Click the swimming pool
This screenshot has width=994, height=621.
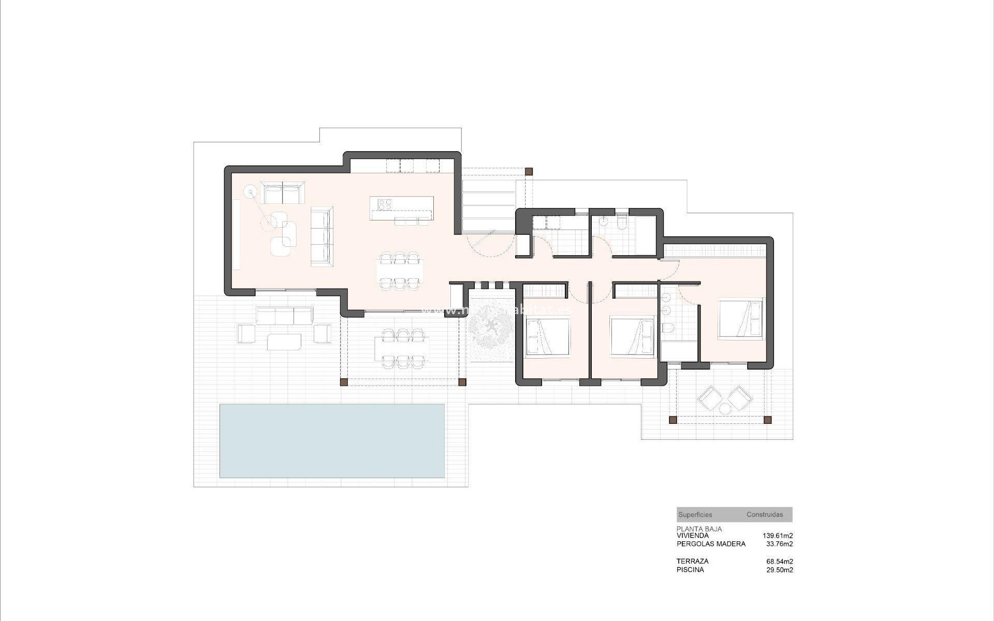pyautogui.click(x=332, y=440)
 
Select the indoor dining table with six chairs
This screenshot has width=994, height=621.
pyautogui.click(x=399, y=270)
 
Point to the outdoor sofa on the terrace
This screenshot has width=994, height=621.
pyautogui.click(x=284, y=315)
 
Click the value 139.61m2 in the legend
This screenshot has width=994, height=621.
pyautogui.click(x=778, y=536)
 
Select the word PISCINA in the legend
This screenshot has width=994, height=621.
pyautogui.click(x=690, y=570)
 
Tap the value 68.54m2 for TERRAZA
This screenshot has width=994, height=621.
pyautogui.click(x=780, y=561)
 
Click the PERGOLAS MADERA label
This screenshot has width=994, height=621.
pyautogui.click(x=711, y=544)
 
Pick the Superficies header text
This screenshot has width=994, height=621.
pyautogui.click(x=695, y=515)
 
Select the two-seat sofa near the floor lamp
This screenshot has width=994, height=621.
pyautogui.click(x=282, y=193)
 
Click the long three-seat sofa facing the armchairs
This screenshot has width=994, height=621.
pyautogui.click(x=321, y=236)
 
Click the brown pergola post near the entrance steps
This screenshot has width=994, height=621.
pyautogui.click(x=529, y=171)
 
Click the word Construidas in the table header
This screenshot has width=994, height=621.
pyautogui.click(x=764, y=515)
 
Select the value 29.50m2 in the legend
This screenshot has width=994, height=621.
pyautogui.click(x=780, y=570)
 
